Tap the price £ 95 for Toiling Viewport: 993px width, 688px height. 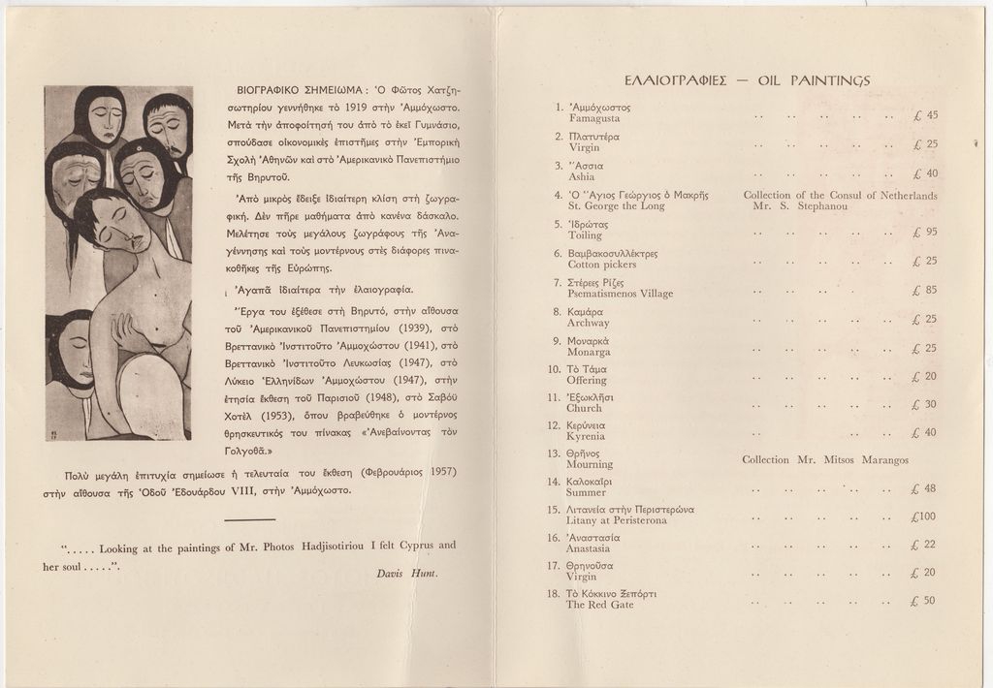924,233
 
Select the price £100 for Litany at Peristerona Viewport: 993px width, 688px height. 924,516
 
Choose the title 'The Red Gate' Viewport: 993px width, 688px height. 600,605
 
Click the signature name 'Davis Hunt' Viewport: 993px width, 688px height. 407,573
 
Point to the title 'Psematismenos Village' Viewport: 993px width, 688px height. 621,294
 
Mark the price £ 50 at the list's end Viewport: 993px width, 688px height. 924,601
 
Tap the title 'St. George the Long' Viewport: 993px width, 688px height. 617,206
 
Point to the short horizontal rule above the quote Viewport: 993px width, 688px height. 249,520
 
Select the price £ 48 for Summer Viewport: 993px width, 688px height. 924,488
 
